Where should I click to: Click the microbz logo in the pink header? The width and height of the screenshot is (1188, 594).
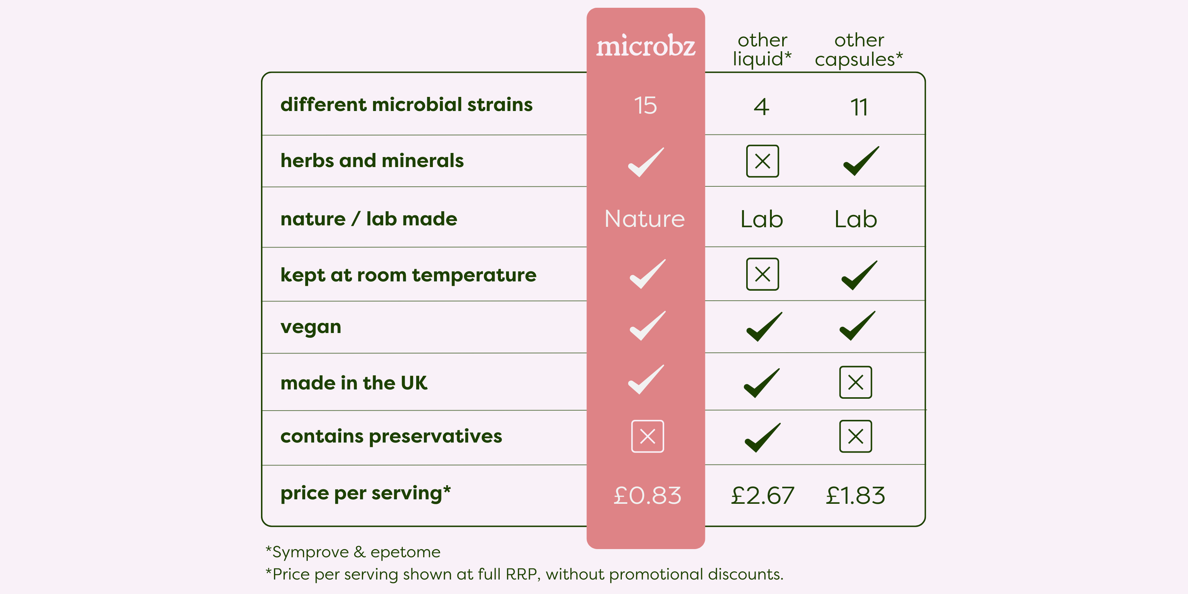click(646, 46)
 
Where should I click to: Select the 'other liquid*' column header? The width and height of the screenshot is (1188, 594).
click(762, 50)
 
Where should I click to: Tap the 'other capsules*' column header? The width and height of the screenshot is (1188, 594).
click(859, 50)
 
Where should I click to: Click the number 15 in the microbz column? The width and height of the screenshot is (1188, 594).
click(645, 105)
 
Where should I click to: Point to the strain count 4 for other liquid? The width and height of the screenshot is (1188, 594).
click(761, 107)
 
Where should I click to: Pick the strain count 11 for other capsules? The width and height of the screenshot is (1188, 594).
click(859, 107)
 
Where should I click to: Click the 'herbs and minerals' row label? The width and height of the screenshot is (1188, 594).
click(372, 160)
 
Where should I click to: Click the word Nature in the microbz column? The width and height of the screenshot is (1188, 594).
click(645, 219)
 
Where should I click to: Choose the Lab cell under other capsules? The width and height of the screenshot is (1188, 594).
click(855, 219)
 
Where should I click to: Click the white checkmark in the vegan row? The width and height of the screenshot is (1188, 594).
click(647, 326)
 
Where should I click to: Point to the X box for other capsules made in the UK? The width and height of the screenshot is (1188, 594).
click(855, 382)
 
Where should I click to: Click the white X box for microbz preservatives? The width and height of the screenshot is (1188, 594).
click(647, 436)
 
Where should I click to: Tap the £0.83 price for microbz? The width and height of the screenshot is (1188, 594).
click(647, 496)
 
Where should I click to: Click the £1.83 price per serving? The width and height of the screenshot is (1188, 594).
click(855, 496)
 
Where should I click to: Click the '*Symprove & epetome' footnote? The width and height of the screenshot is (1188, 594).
click(353, 552)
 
